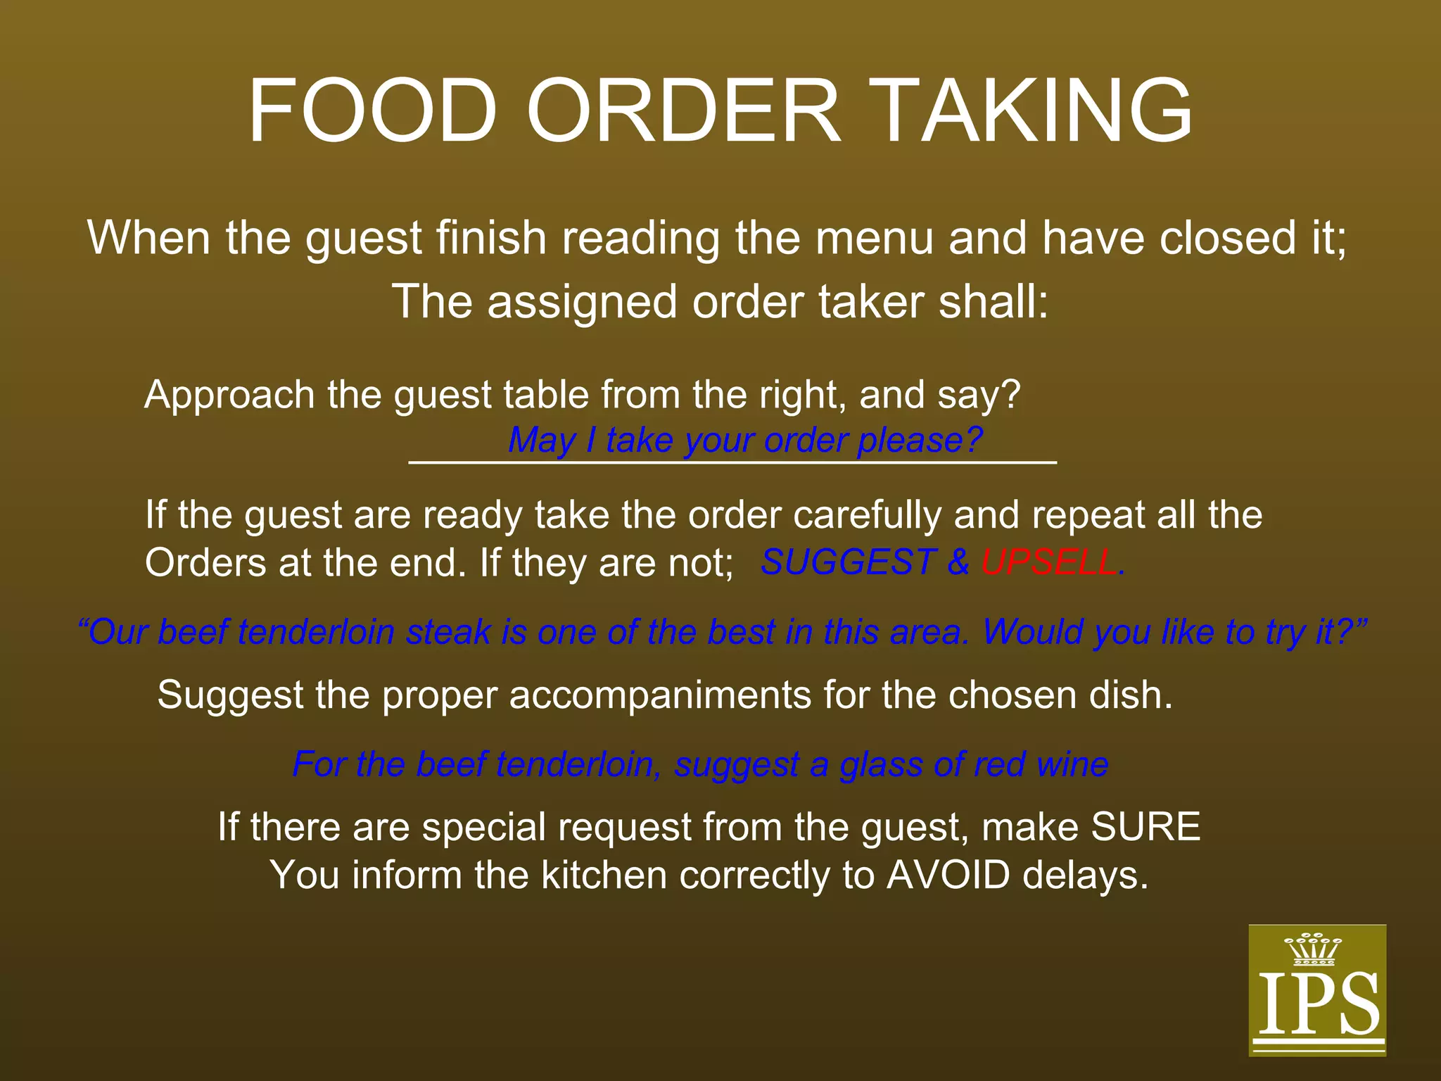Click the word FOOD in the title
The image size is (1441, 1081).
tap(372, 112)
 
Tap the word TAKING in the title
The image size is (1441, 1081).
tap(1034, 112)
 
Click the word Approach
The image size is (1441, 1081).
tap(229, 395)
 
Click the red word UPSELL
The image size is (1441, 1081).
tap(1049, 562)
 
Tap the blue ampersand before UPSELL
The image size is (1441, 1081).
tap(958, 562)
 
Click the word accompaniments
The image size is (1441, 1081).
tap(660, 695)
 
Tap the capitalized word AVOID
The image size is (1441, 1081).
tap(948, 875)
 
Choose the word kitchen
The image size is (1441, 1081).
tap(604, 875)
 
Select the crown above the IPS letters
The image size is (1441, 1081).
tap(1313, 950)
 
